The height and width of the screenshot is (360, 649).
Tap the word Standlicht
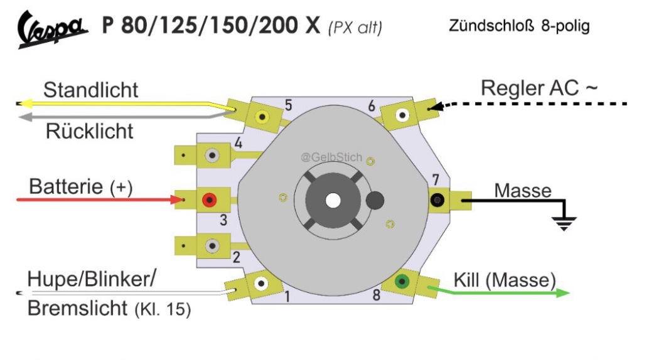pyautogui.click(x=90, y=89)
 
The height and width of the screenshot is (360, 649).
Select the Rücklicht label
pyautogui.click(x=90, y=131)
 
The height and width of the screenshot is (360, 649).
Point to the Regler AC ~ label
pyautogui.click(x=539, y=88)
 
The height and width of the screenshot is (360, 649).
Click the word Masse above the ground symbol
pyautogui.click(x=523, y=189)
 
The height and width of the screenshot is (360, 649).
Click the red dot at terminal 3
pyautogui.click(x=208, y=201)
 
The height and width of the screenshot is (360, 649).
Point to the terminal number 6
pyautogui.click(x=372, y=107)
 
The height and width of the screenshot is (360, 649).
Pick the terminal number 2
pyautogui.click(x=236, y=256)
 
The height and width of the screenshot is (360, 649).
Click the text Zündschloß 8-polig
pyautogui.click(x=519, y=27)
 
